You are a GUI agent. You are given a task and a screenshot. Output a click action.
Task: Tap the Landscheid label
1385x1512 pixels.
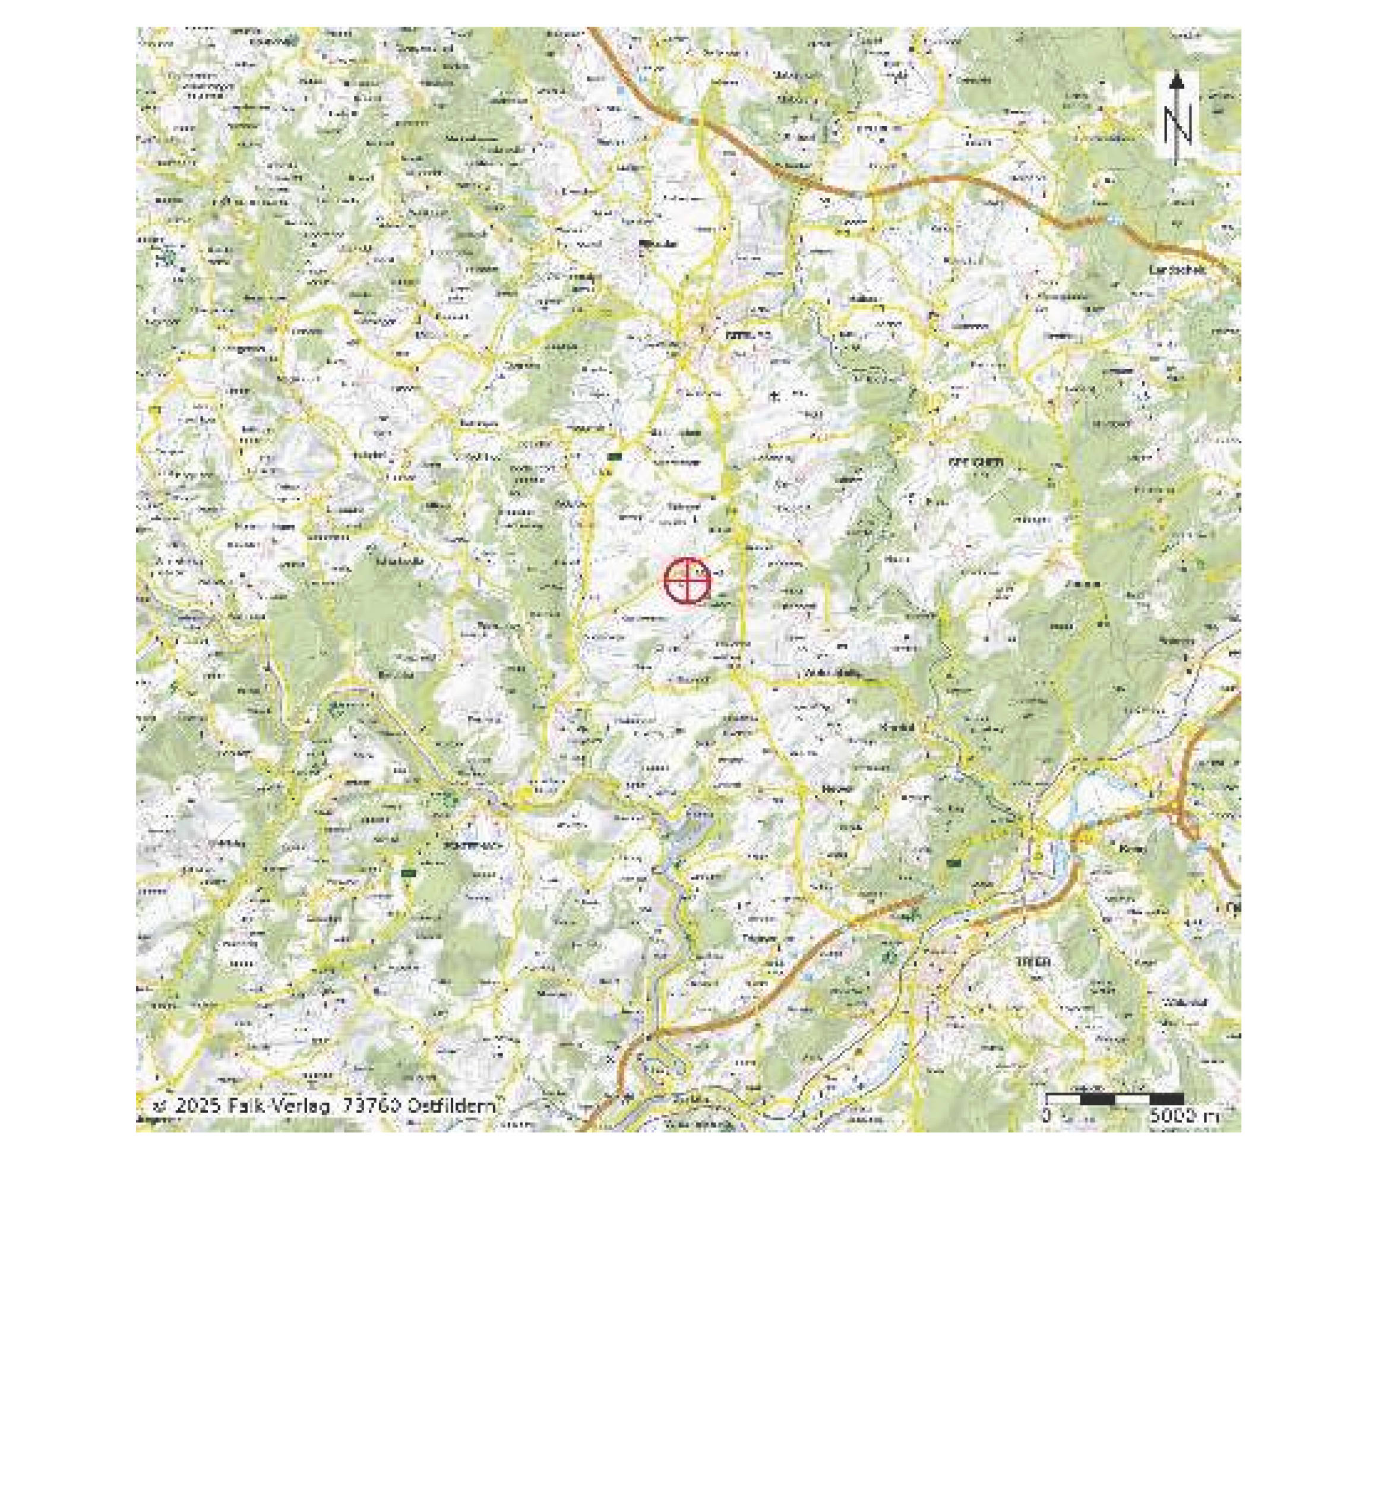tap(1177, 270)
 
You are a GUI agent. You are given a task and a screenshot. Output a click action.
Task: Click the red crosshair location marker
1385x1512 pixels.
tap(687, 580)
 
